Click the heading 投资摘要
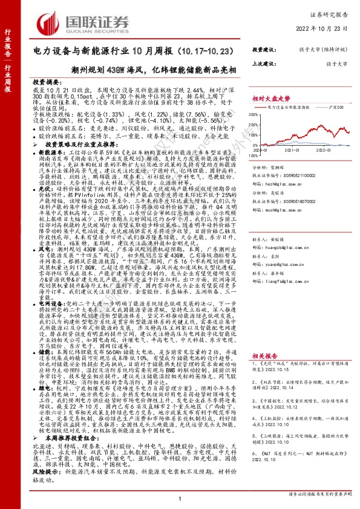click(x=47, y=82)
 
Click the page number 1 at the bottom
click(x=180, y=498)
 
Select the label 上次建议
click(x=265, y=62)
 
